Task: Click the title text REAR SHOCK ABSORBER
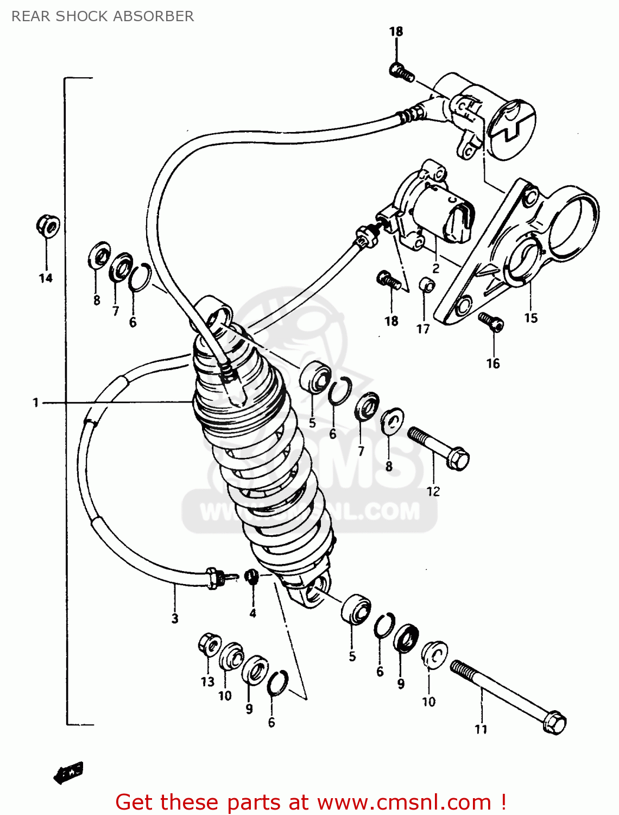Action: point(103,16)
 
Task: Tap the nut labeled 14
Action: point(48,226)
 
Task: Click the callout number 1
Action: point(36,403)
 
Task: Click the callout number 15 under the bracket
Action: point(530,318)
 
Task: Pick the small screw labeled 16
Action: point(491,322)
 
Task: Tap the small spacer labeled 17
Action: point(427,285)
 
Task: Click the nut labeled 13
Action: point(209,644)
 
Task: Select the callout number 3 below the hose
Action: point(175,618)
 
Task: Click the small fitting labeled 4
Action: point(251,576)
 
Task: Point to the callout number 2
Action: point(435,268)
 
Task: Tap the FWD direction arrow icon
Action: point(69,772)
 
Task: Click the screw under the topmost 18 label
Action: point(401,72)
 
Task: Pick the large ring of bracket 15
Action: point(573,223)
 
